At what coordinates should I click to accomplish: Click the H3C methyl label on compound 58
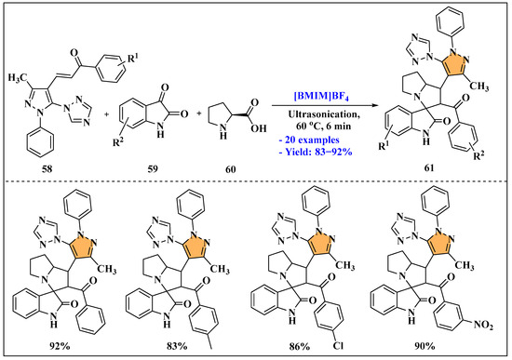tap(20, 70)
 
